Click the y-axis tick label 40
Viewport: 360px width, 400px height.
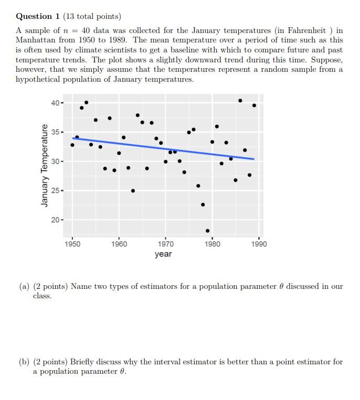[x=55, y=103]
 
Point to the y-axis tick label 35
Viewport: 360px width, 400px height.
[x=55, y=132]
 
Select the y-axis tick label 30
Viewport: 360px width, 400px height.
[x=55, y=161]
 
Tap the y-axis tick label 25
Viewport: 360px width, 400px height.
[x=55, y=190]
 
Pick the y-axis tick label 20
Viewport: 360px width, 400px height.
[x=55, y=220]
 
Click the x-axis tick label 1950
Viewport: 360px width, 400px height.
[x=72, y=244]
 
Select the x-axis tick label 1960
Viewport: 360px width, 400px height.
[x=119, y=244]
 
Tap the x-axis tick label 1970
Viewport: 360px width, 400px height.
[x=166, y=244]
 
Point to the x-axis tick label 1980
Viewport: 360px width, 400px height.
[x=212, y=244]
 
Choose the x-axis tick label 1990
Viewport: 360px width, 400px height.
[x=259, y=244]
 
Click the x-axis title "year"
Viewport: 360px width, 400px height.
[x=163, y=254]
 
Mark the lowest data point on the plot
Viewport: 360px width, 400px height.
[x=208, y=231]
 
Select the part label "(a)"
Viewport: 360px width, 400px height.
[x=24, y=287]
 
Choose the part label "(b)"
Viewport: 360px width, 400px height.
[x=24, y=362]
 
